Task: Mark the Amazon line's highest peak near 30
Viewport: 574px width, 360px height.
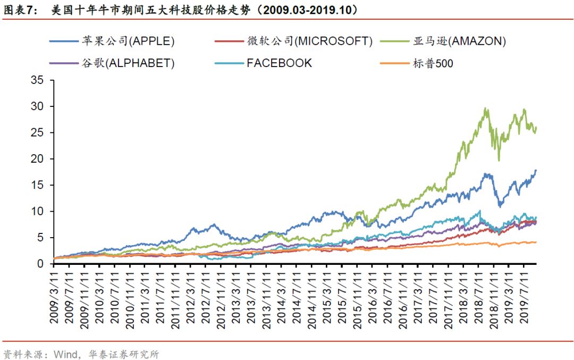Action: coord(486,108)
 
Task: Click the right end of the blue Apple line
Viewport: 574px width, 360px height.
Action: coord(536,170)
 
